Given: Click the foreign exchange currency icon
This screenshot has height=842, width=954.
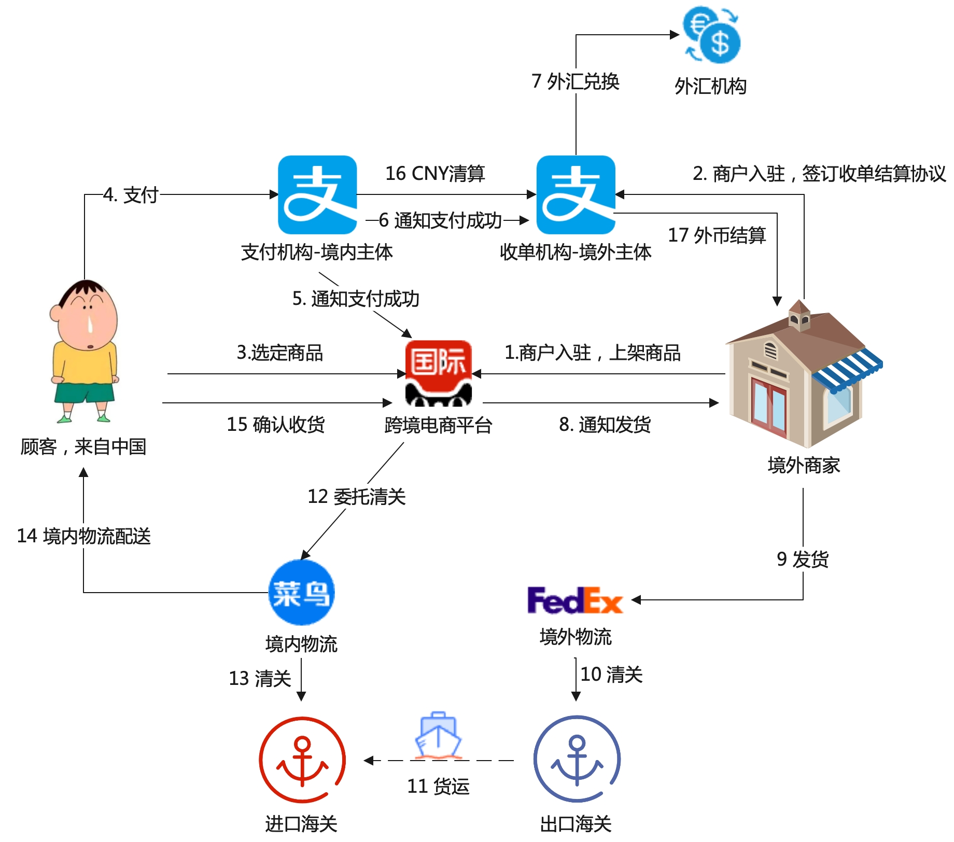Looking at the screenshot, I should pyautogui.click(x=711, y=35).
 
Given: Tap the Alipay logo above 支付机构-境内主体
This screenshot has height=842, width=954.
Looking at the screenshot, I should pyautogui.click(x=317, y=195).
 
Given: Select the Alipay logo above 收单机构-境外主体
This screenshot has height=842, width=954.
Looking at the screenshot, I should pyautogui.click(x=576, y=195).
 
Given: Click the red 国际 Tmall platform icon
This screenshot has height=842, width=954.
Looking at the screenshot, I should pyautogui.click(x=438, y=372).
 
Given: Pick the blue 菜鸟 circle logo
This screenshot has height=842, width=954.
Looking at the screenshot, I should pyautogui.click(x=301, y=592).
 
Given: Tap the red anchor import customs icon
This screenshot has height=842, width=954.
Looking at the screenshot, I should pyautogui.click(x=302, y=760).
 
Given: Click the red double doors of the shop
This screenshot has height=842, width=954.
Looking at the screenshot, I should pyautogui.click(x=769, y=407).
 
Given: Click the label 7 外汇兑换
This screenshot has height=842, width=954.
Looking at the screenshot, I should pyautogui.click(x=576, y=81).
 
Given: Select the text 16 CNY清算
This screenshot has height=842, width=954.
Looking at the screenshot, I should pyautogui.click(x=435, y=173).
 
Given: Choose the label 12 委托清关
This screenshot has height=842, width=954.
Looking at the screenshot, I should pyautogui.click(x=357, y=496).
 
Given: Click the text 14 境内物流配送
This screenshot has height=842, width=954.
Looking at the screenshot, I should pyautogui.click(x=84, y=536).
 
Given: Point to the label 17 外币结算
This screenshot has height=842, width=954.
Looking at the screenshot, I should pyautogui.click(x=717, y=235).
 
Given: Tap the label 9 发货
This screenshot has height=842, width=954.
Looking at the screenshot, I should pyautogui.click(x=803, y=559).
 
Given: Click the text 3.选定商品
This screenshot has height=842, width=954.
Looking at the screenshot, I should pyautogui.click(x=280, y=353).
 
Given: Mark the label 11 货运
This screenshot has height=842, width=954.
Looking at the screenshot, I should pyautogui.click(x=438, y=786).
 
